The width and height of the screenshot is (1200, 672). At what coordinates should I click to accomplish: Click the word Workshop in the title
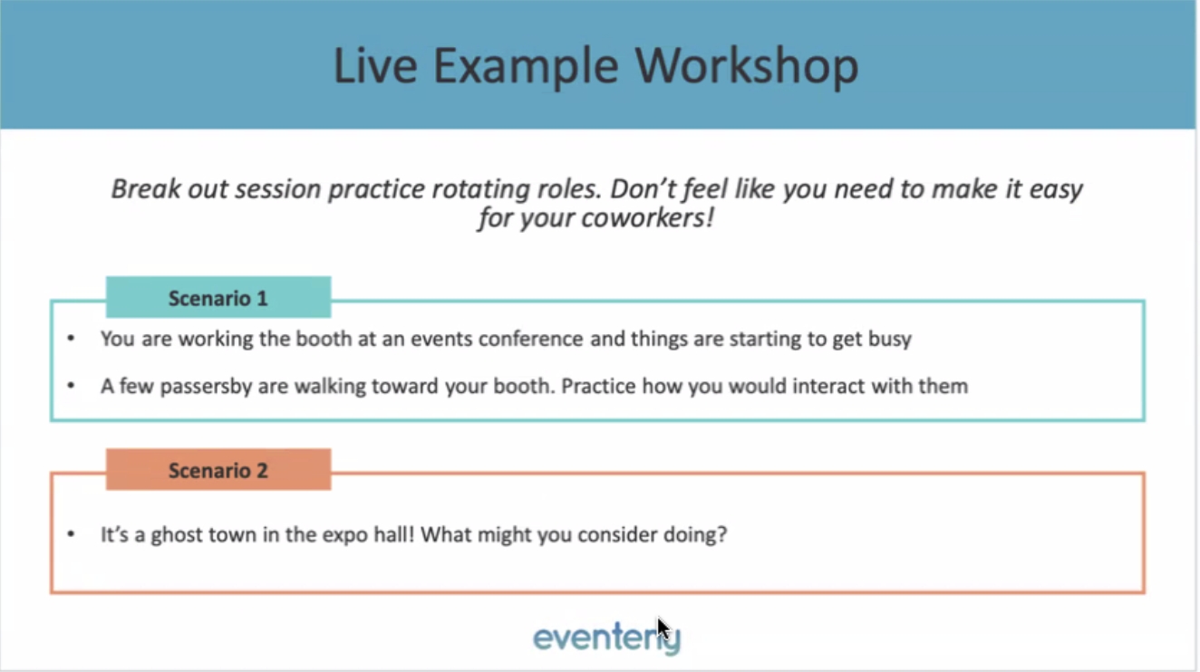coord(747,66)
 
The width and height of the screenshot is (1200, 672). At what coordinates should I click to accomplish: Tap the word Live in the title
coord(375,65)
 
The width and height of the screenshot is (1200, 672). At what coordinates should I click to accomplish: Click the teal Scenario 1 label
coord(218,298)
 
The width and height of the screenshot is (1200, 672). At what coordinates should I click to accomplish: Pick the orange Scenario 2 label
coord(218,470)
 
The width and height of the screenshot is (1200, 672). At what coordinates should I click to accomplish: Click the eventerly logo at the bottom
coord(606,638)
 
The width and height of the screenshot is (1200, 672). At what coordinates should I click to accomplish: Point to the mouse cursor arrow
coord(663,629)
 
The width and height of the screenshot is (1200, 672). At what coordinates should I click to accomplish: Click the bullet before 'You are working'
coord(71,338)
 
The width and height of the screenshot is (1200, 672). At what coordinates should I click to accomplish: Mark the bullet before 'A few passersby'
coord(71,385)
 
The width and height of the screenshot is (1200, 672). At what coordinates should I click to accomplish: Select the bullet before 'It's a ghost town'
coord(71,533)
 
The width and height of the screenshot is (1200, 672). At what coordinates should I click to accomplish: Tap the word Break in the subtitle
coord(146,189)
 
